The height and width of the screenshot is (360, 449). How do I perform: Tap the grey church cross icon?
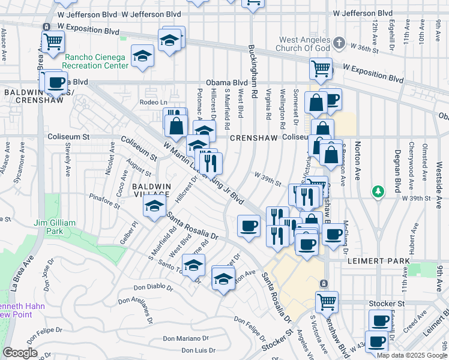339,43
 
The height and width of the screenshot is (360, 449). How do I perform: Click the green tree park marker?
378,191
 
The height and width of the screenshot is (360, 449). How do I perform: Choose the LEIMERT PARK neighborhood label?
378,262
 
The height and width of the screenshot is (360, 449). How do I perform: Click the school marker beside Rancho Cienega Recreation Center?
143,56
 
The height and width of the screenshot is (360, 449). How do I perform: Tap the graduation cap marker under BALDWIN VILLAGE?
154,207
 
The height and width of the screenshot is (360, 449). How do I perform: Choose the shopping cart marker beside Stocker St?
327,301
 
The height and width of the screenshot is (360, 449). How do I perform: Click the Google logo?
20,353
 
